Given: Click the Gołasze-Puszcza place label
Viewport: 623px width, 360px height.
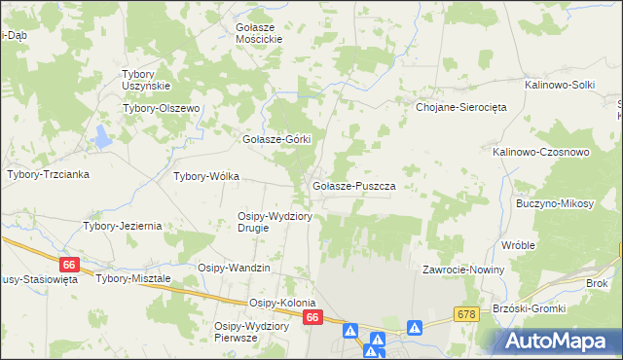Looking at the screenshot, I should coord(351,185).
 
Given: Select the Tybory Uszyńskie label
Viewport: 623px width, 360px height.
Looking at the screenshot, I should coord(146,80).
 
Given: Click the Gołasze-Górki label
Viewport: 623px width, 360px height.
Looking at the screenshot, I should coord(275,139).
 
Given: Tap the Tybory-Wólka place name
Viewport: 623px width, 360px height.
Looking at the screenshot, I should coord(205,176).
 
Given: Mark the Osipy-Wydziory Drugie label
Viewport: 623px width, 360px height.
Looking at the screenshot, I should coord(275,222).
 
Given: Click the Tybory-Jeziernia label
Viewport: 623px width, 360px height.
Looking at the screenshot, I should coord(122,226).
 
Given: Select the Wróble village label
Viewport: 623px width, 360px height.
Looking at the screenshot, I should coord(518,245).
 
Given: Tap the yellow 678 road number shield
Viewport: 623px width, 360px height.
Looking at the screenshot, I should coord(467,314).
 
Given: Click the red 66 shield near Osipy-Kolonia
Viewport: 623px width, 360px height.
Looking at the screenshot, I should coord(311,318).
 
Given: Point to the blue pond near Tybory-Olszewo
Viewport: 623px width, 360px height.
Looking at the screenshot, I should coord(101,137).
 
